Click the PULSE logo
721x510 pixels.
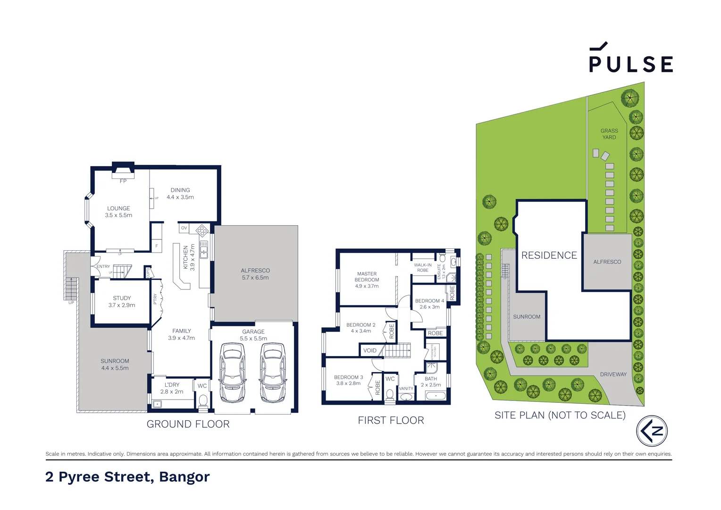click(630, 59)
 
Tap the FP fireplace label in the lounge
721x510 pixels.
click(123, 181)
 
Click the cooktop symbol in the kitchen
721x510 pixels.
click(202, 230)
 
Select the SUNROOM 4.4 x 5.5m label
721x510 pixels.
click(115, 364)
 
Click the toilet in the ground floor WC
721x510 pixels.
click(203, 401)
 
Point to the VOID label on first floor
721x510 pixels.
click(370, 350)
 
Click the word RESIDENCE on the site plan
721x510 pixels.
click(549, 255)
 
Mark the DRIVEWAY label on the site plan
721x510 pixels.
click(613, 374)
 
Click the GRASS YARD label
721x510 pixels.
click(609, 134)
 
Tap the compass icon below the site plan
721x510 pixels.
click(652, 431)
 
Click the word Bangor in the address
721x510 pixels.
click(184, 477)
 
